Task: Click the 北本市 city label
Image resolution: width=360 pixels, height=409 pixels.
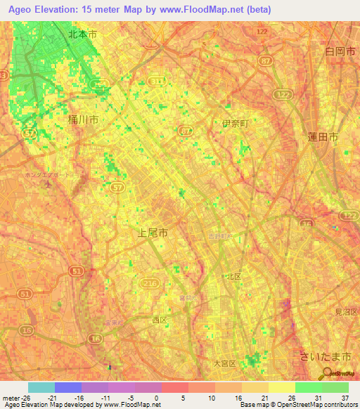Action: [x=83, y=33]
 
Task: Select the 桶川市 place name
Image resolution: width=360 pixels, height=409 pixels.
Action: [x=82, y=121]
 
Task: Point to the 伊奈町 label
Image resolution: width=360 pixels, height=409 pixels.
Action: [x=236, y=124]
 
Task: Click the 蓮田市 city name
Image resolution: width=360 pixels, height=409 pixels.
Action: [x=323, y=137]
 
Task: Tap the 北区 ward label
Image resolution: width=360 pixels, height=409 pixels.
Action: [x=232, y=277]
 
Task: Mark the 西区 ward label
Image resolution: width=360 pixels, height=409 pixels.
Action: [x=160, y=320]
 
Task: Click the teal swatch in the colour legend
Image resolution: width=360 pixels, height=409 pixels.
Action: [x=41, y=387]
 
